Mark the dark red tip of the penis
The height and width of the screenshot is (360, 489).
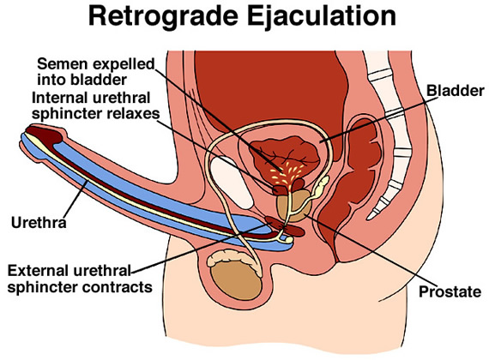(39, 133)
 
